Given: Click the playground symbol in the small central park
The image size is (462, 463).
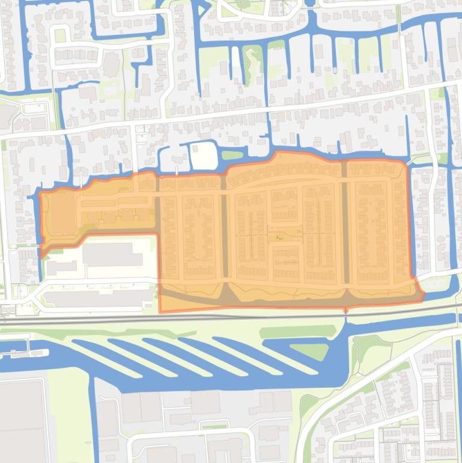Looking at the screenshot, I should pos(278,238).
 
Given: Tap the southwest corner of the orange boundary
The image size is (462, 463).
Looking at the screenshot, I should pos(161,312).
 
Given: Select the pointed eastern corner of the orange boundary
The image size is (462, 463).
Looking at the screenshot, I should pos(424,295).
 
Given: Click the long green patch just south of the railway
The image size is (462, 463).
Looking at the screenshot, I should pos(297,331).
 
